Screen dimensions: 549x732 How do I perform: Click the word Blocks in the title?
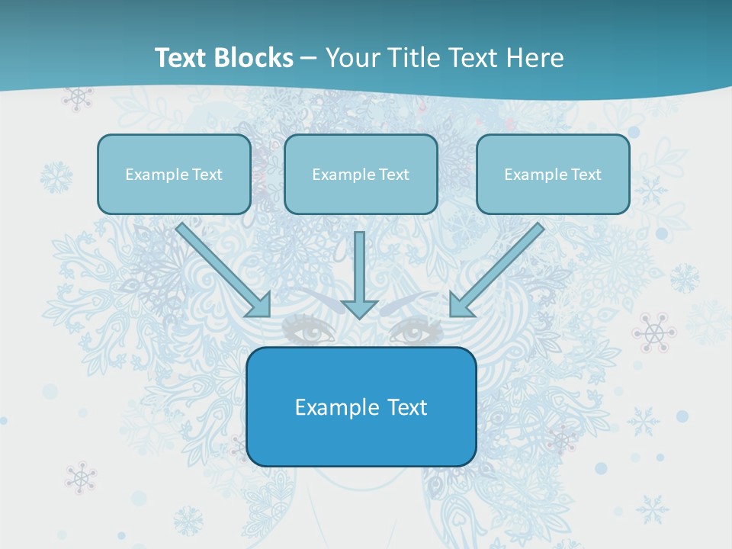click(255, 58)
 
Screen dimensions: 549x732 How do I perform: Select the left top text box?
click(174, 174)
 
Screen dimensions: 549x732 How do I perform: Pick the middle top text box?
click(361, 174)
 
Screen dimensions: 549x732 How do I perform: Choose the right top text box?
click(553, 174)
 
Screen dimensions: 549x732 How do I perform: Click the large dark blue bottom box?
click(361, 406)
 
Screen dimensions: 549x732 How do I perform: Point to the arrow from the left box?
click(221, 268)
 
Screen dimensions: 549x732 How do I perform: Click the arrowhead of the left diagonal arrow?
click(260, 306)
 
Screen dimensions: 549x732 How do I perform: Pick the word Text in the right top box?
click(585, 175)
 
